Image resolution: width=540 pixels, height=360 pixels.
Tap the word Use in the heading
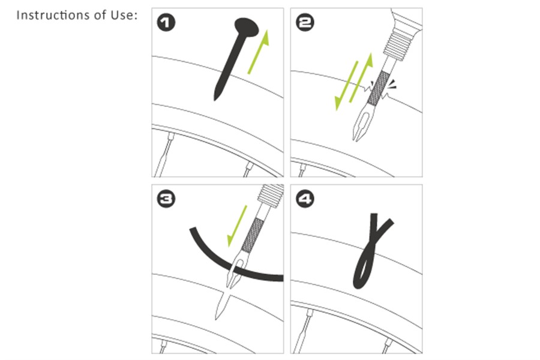[x=122, y=15]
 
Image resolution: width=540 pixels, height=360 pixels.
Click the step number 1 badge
[x=166, y=23]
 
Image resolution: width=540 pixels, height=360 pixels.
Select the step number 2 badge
[x=305, y=23]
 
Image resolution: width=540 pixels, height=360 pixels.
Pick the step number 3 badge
[x=166, y=199]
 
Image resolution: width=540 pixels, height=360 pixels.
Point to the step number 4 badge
[x=305, y=199]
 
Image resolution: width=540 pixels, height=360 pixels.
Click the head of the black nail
[x=247, y=27]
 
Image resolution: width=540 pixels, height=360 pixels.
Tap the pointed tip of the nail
[x=215, y=100]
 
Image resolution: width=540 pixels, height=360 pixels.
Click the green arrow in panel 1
[x=258, y=52]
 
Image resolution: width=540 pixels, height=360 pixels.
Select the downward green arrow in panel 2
[x=346, y=86]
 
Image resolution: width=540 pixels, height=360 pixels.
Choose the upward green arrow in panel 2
[x=361, y=77]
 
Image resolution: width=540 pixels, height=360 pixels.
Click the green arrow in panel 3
[x=237, y=226]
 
